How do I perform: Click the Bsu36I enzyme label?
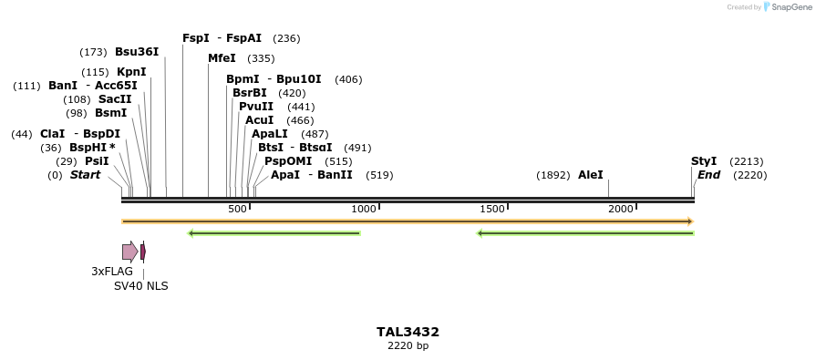(137, 52)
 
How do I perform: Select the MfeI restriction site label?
(222, 58)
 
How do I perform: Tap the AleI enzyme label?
(590, 175)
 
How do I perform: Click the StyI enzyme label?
(704, 161)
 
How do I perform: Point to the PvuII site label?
(256, 107)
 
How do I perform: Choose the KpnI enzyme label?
(131, 72)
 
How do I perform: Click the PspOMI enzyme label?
(288, 161)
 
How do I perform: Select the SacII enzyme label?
(115, 99)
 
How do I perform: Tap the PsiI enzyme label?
(97, 161)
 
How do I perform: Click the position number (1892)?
(553, 175)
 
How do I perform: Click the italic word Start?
(85, 175)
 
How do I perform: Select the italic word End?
(709, 175)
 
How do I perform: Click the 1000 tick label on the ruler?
(364, 209)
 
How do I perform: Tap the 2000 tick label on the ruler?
(621, 209)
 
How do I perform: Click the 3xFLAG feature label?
(112, 272)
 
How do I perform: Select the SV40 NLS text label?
(140, 286)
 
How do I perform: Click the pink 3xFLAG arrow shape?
(129, 252)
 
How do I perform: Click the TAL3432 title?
(408, 332)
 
